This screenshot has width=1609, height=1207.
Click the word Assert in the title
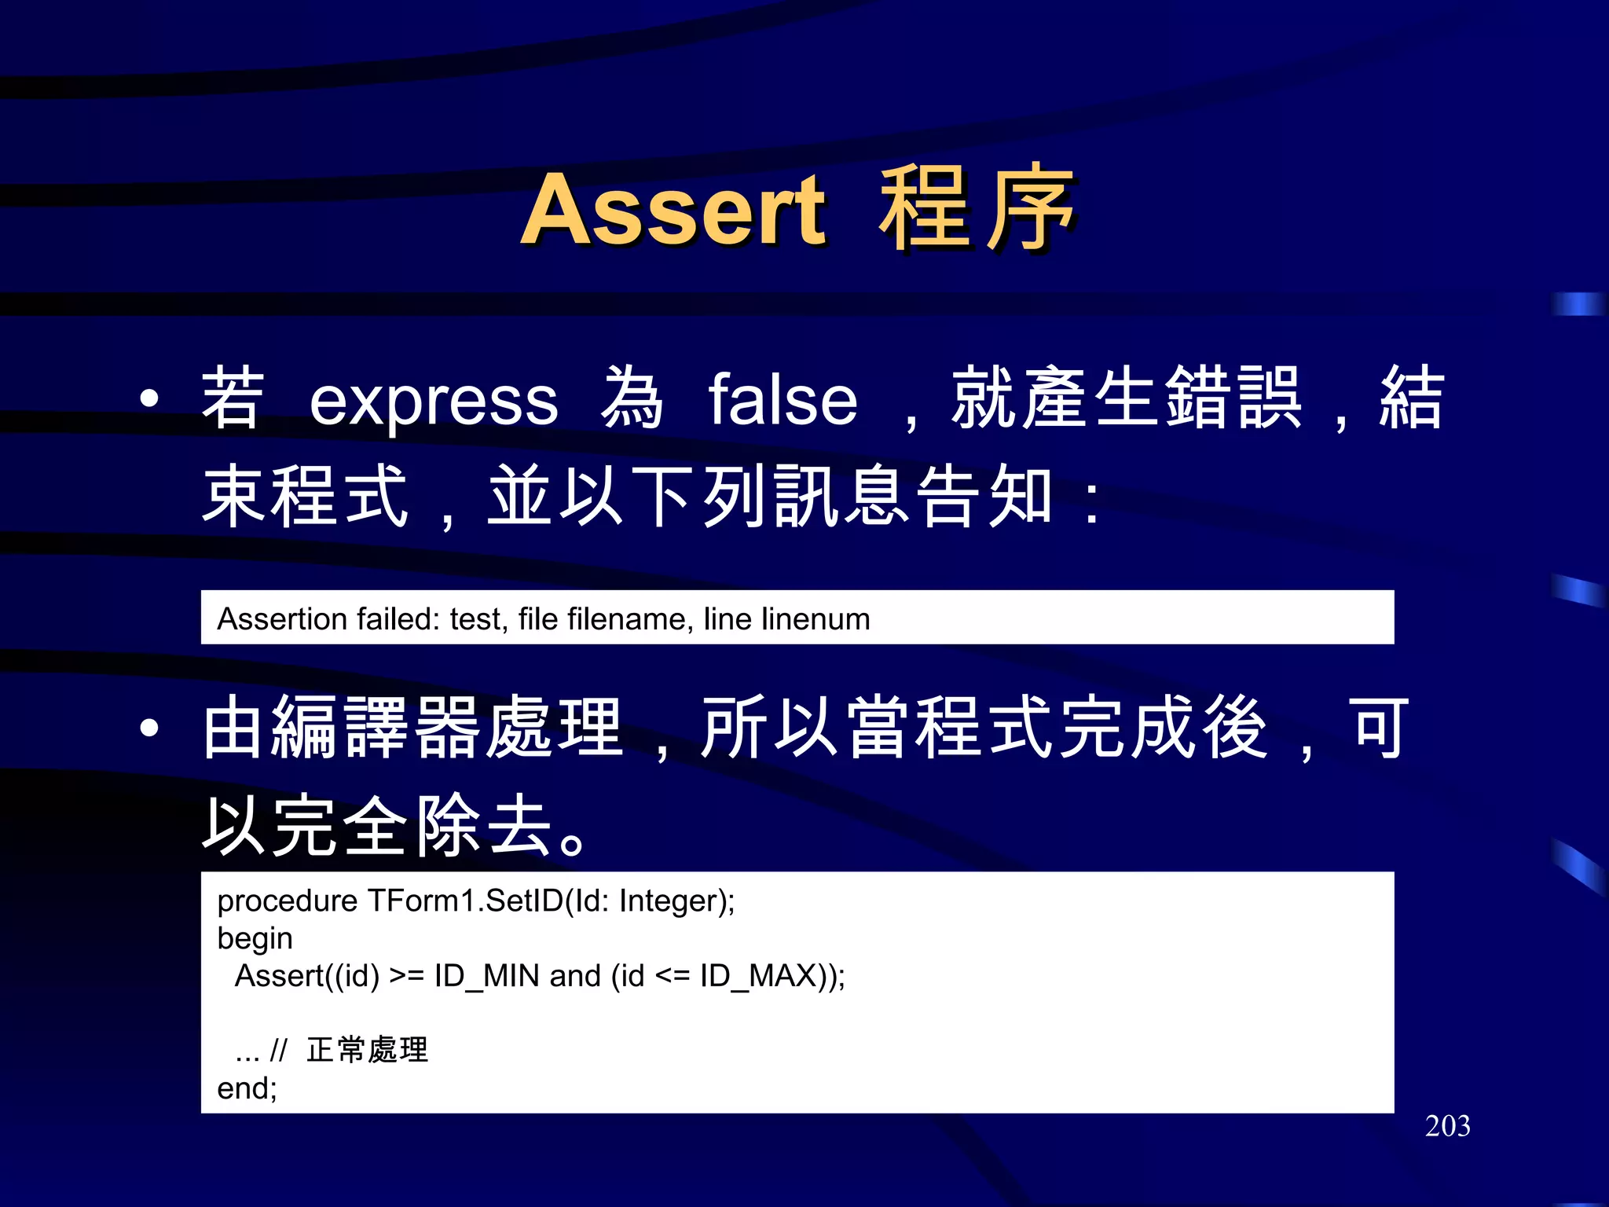(x=673, y=211)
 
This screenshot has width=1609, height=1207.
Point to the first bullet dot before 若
(x=149, y=399)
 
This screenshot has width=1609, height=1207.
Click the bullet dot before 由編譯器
(x=149, y=728)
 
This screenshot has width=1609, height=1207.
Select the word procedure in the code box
(x=287, y=901)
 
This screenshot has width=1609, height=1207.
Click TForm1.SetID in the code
(x=465, y=901)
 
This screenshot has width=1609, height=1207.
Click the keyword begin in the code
(x=255, y=939)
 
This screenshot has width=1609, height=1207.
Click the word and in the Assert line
(x=575, y=976)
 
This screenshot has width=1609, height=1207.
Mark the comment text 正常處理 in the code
(x=367, y=1050)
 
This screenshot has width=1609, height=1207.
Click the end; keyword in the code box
(x=247, y=1088)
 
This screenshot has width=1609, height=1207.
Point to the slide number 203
(x=1447, y=1126)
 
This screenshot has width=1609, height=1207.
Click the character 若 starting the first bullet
(x=233, y=399)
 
